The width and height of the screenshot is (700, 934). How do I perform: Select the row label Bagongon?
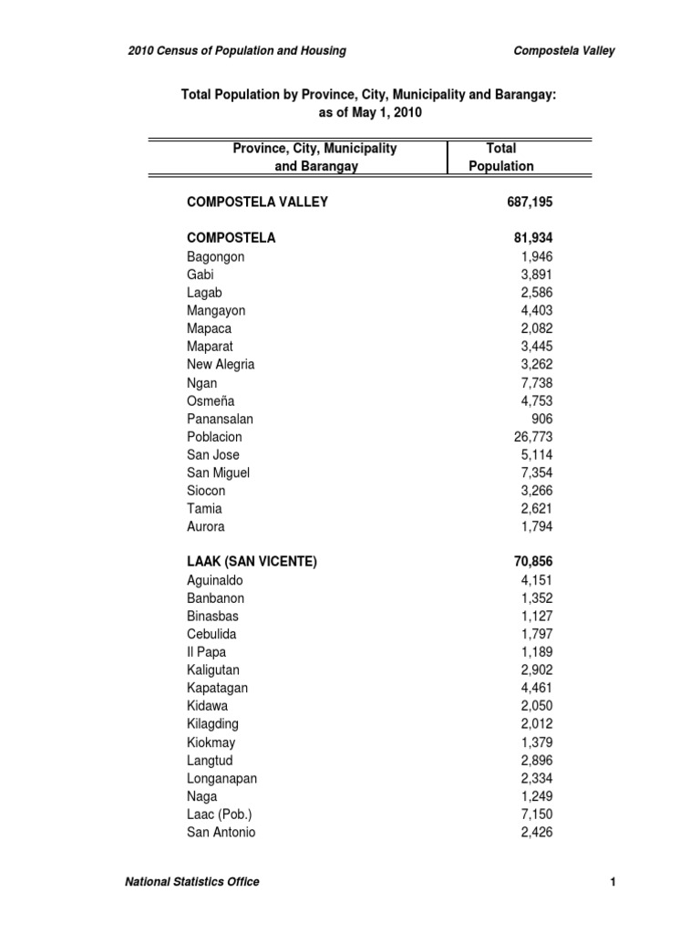click(x=215, y=256)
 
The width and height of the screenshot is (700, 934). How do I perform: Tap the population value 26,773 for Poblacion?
click(x=533, y=437)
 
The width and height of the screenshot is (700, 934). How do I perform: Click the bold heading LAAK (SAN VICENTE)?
click(x=252, y=563)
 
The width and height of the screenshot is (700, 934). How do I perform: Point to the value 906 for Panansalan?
click(x=541, y=419)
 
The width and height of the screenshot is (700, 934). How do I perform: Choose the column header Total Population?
click(x=500, y=157)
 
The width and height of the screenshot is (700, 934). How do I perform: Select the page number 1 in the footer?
click(x=613, y=881)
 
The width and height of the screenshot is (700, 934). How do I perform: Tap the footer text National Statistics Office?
click(x=191, y=881)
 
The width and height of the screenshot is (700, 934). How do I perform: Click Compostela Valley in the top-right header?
click(x=565, y=51)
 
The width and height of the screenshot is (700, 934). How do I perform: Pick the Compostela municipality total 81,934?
click(x=533, y=238)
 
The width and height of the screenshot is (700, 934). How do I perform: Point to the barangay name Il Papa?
click(x=206, y=652)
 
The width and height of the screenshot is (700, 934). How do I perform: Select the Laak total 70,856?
click(x=533, y=563)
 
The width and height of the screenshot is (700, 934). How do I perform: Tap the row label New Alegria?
click(x=221, y=364)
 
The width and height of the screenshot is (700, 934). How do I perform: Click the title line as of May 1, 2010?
click(x=369, y=112)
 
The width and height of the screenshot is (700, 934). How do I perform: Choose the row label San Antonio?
click(x=221, y=832)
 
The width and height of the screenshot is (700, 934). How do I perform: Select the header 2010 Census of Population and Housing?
click(x=237, y=51)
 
